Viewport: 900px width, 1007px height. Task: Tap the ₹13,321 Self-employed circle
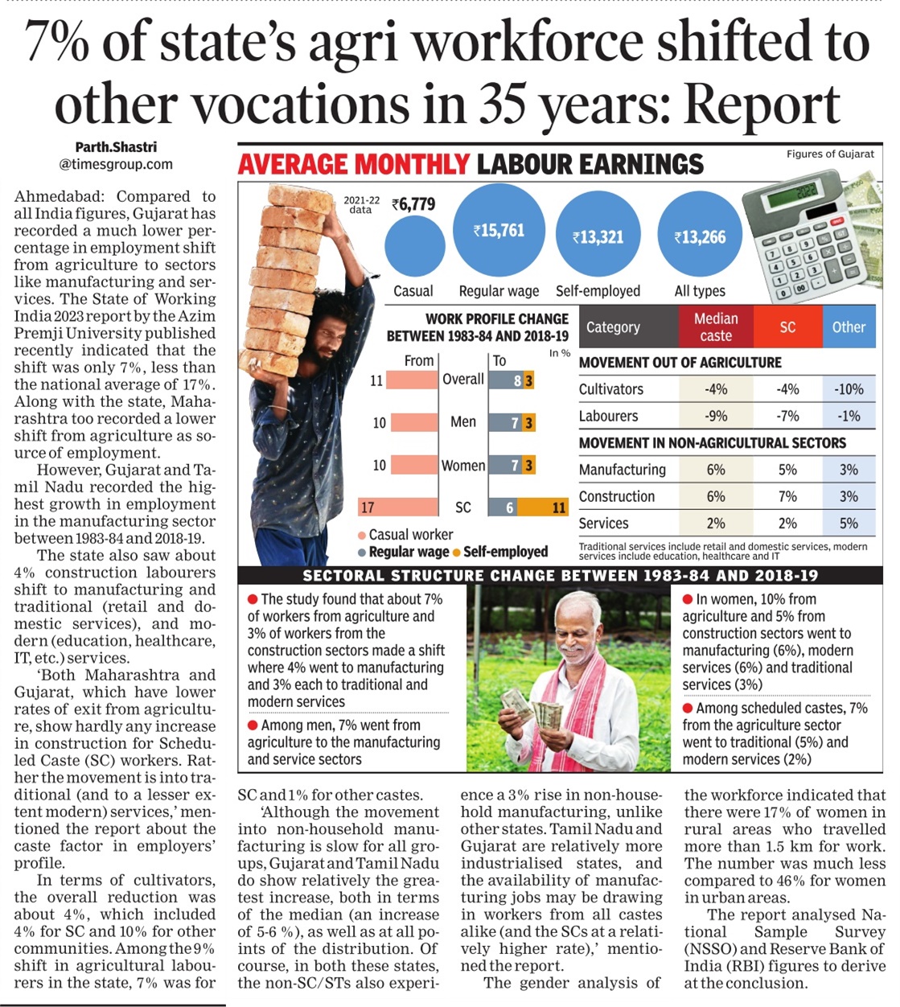click(x=598, y=237)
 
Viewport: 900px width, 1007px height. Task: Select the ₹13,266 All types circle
click(x=700, y=237)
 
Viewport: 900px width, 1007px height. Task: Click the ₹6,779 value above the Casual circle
click(x=413, y=204)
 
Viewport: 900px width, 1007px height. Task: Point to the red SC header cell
click(x=787, y=327)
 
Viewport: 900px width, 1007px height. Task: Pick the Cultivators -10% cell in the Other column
click(x=849, y=389)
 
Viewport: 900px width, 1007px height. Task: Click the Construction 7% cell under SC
click(x=787, y=496)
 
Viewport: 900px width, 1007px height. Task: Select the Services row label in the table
click(x=603, y=523)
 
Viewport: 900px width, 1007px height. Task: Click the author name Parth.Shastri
click(x=116, y=147)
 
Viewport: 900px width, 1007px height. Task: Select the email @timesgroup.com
click(x=116, y=164)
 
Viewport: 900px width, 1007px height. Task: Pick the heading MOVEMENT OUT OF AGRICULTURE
click(x=680, y=363)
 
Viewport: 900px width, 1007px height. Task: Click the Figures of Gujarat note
click(x=830, y=154)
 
